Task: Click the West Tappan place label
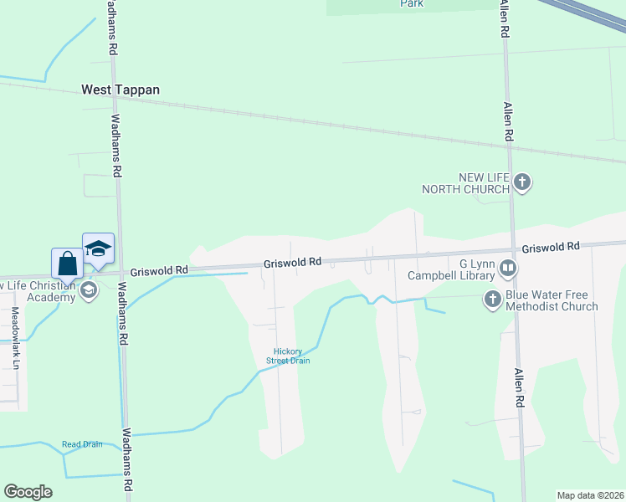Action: pyautogui.click(x=120, y=90)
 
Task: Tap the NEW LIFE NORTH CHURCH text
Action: pyautogui.click(x=473, y=183)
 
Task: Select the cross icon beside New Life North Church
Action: pyautogui.click(x=522, y=182)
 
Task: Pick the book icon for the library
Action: pyautogui.click(x=507, y=269)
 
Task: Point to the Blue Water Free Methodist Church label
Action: pyautogui.click(x=552, y=300)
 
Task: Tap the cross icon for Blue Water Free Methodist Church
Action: pyautogui.click(x=494, y=298)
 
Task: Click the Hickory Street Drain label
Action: pyautogui.click(x=288, y=356)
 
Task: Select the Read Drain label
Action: pyautogui.click(x=82, y=444)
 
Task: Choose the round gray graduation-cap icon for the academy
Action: pyautogui.click(x=88, y=290)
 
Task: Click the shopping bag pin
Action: pyautogui.click(x=67, y=264)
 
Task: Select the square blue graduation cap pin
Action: pyautogui.click(x=98, y=248)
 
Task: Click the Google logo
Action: pyautogui.click(x=28, y=492)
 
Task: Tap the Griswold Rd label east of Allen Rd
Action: pyautogui.click(x=551, y=248)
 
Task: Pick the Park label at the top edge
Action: pyautogui.click(x=411, y=4)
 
